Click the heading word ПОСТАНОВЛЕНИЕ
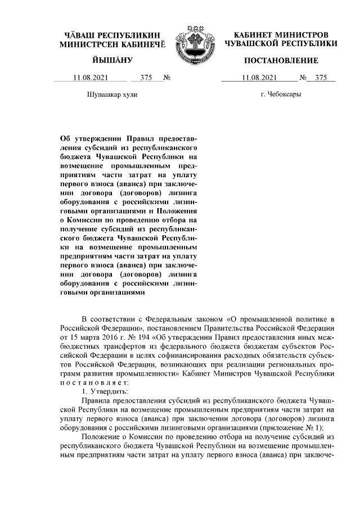281,60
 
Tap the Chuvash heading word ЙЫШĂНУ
111,60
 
